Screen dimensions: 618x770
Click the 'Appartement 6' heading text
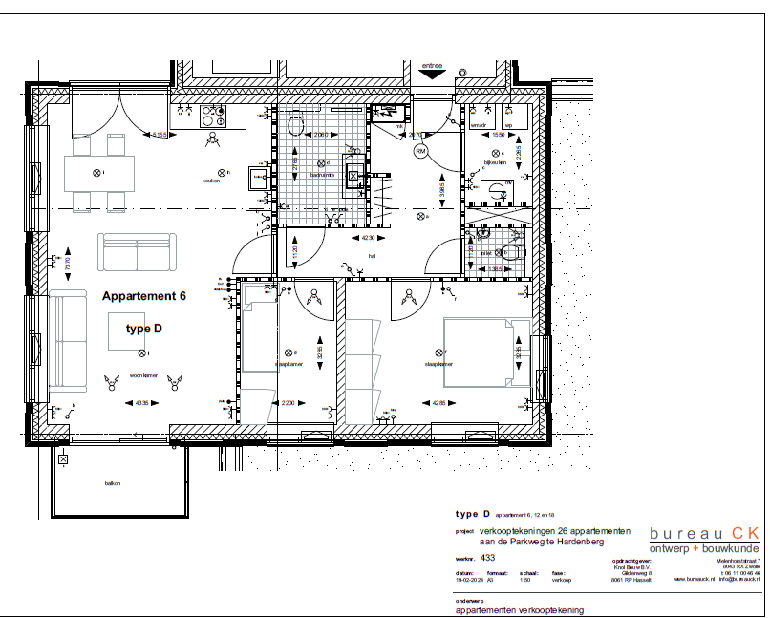click(x=143, y=296)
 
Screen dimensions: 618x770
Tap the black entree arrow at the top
click(x=432, y=71)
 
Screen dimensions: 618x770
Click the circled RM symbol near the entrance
click(x=421, y=151)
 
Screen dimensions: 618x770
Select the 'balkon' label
click(x=113, y=484)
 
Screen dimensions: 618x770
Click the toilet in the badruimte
click(x=294, y=126)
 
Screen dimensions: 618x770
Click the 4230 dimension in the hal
click(x=368, y=238)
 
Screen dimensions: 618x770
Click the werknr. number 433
click(x=487, y=556)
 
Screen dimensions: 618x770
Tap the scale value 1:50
click(x=524, y=579)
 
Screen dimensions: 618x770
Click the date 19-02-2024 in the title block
click(x=468, y=579)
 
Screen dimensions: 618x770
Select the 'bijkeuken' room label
click(x=493, y=163)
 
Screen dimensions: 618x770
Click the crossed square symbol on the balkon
click(x=63, y=459)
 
